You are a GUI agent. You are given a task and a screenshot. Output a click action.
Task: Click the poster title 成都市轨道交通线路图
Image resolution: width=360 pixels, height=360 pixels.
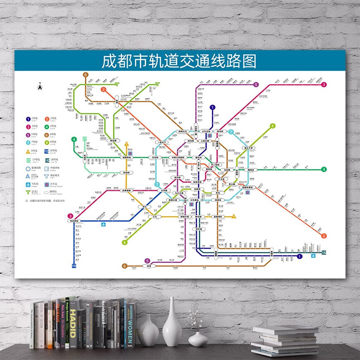(x=179, y=61)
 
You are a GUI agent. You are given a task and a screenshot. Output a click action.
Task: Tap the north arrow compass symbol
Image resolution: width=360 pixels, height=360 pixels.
(x=40, y=87)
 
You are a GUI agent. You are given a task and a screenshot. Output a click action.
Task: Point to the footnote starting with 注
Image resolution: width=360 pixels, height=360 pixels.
(x=45, y=201)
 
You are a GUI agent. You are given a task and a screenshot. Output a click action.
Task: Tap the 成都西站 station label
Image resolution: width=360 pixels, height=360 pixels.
(x=127, y=157)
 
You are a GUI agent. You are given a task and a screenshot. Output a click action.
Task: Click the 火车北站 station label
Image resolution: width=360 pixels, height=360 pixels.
(x=206, y=132)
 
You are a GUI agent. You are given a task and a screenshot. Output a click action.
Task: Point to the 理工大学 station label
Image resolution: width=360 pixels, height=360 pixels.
(x=250, y=148)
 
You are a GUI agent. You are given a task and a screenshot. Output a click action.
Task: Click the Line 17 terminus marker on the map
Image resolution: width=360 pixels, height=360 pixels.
(x=85, y=139)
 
